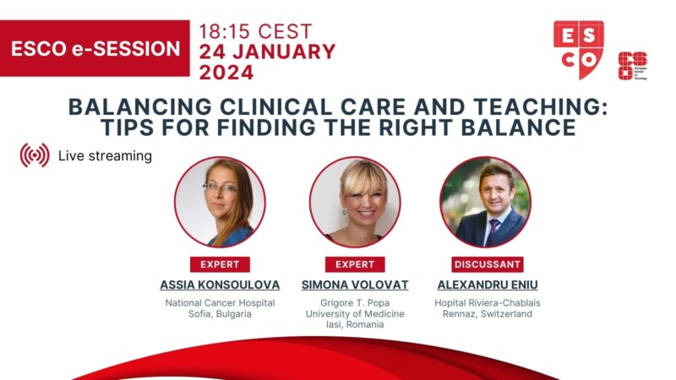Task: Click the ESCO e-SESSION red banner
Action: (x=95, y=48)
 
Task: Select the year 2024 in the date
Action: (x=226, y=73)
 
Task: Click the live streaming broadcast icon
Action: (x=35, y=155)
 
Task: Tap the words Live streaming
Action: (x=105, y=155)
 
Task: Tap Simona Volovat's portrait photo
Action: (x=355, y=202)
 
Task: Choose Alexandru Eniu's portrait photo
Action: (x=485, y=202)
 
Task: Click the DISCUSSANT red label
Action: (x=488, y=264)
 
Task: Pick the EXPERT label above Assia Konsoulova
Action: (x=220, y=264)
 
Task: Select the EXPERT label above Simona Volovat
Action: (x=355, y=264)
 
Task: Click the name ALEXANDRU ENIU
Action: (x=488, y=285)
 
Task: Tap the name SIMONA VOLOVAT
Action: (x=355, y=285)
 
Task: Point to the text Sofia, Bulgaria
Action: (x=220, y=313)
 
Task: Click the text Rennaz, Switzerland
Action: (x=488, y=313)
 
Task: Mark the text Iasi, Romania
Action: (x=355, y=324)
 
